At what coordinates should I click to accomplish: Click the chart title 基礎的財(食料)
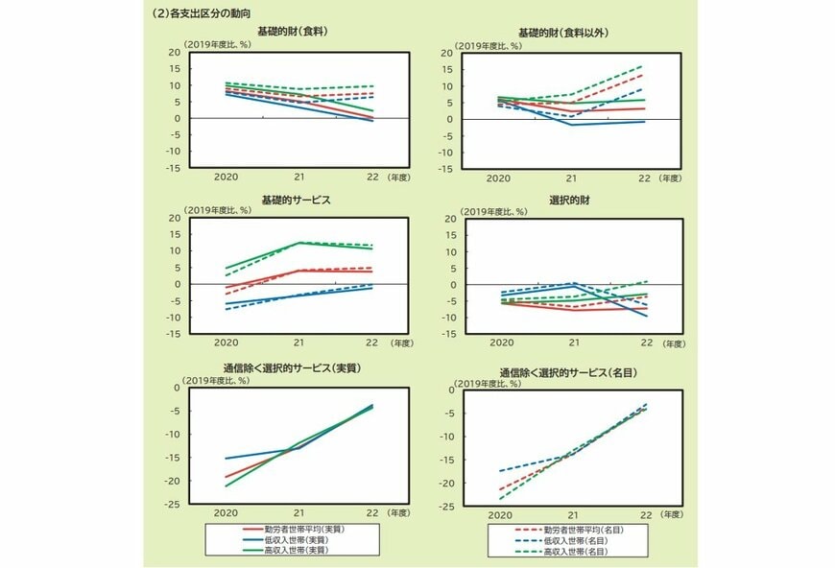point(294,33)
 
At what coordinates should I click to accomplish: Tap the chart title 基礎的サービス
point(294,199)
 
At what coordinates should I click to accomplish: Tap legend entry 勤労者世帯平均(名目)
point(578,530)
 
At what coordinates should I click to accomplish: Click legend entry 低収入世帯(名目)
point(573,540)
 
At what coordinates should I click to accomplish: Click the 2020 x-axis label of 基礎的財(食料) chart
point(226,177)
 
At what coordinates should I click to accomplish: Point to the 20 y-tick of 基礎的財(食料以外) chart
point(446,53)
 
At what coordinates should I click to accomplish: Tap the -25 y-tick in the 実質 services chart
point(172,505)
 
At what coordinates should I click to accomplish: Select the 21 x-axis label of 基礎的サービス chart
point(299,343)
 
